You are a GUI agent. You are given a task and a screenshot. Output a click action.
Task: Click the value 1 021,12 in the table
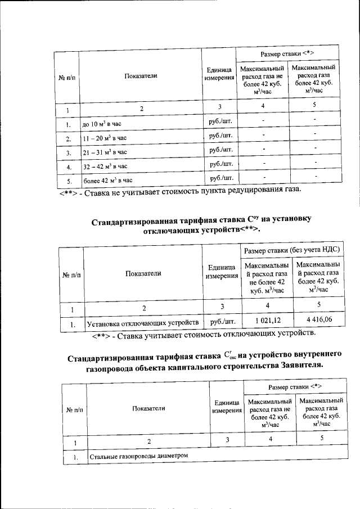(267, 321)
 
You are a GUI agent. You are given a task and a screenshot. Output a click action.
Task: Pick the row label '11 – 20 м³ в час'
(105, 138)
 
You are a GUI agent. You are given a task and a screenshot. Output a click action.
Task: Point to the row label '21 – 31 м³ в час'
(105, 152)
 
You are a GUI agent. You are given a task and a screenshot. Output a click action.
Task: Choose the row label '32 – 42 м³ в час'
(105, 167)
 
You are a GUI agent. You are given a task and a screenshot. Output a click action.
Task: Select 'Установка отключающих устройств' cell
(142, 323)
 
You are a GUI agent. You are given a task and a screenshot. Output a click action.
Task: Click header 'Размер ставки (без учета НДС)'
(292, 249)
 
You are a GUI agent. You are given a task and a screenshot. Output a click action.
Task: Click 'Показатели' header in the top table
(141, 75)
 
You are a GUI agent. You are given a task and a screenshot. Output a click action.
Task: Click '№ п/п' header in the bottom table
(74, 409)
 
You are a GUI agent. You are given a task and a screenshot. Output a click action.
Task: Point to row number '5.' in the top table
(67, 182)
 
